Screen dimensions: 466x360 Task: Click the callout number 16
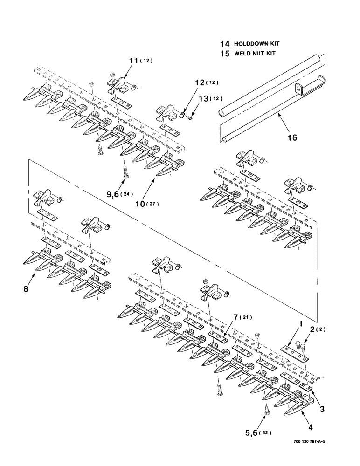[x=291, y=137]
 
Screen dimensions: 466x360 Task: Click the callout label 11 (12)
[x=141, y=61]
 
